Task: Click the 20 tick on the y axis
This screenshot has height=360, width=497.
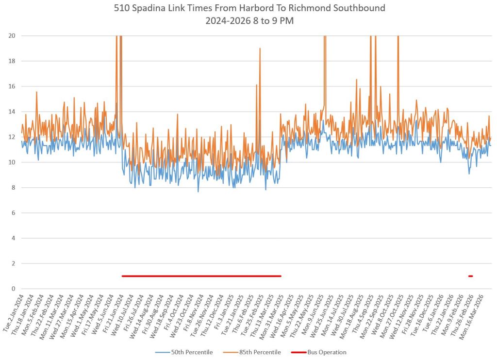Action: click(x=11, y=36)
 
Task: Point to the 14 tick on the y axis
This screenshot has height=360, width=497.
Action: click(x=11, y=112)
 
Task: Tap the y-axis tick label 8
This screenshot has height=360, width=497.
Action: click(x=13, y=188)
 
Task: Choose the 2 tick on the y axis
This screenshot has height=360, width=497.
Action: click(x=13, y=263)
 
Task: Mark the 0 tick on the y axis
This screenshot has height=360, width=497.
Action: click(x=13, y=289)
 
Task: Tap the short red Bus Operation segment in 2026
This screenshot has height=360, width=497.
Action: click(x=470, y=276)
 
